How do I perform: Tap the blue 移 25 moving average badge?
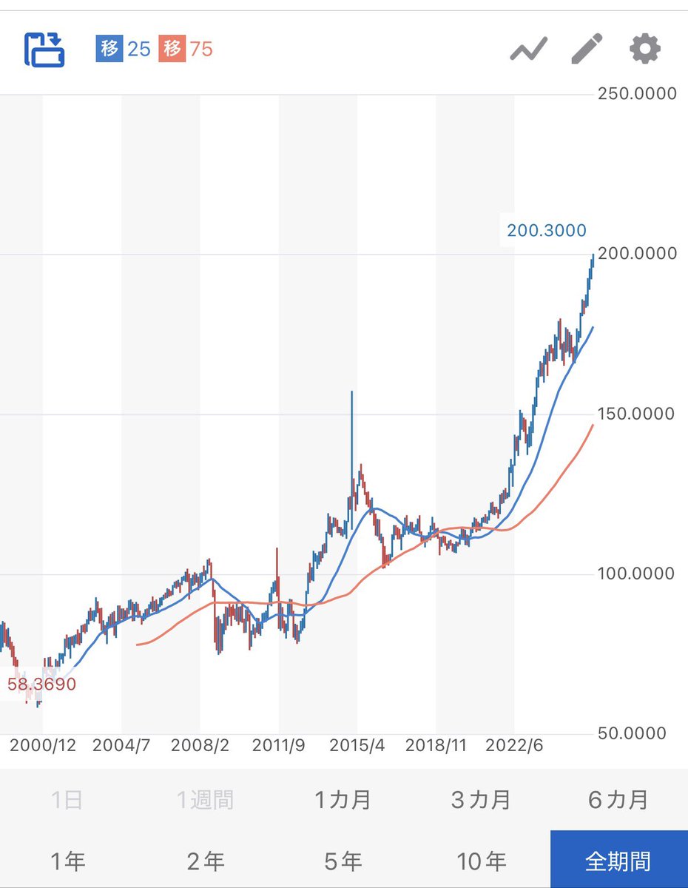123,50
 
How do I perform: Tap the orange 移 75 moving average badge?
185,50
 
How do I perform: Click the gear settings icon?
644,50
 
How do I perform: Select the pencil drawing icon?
587,50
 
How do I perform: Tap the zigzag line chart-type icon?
528,50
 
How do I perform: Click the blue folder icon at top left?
45,50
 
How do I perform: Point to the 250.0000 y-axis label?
636,94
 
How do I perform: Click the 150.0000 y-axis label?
636,414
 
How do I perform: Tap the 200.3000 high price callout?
546,231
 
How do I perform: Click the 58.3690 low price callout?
41,684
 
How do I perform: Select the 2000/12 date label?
43,745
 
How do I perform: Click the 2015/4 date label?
357,745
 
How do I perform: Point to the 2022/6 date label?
513,745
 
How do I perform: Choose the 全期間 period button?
618,861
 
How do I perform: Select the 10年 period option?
481,861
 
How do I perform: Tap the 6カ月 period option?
618,800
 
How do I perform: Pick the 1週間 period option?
205,800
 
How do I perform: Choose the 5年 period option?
343,861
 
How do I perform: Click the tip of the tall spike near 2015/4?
351,391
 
